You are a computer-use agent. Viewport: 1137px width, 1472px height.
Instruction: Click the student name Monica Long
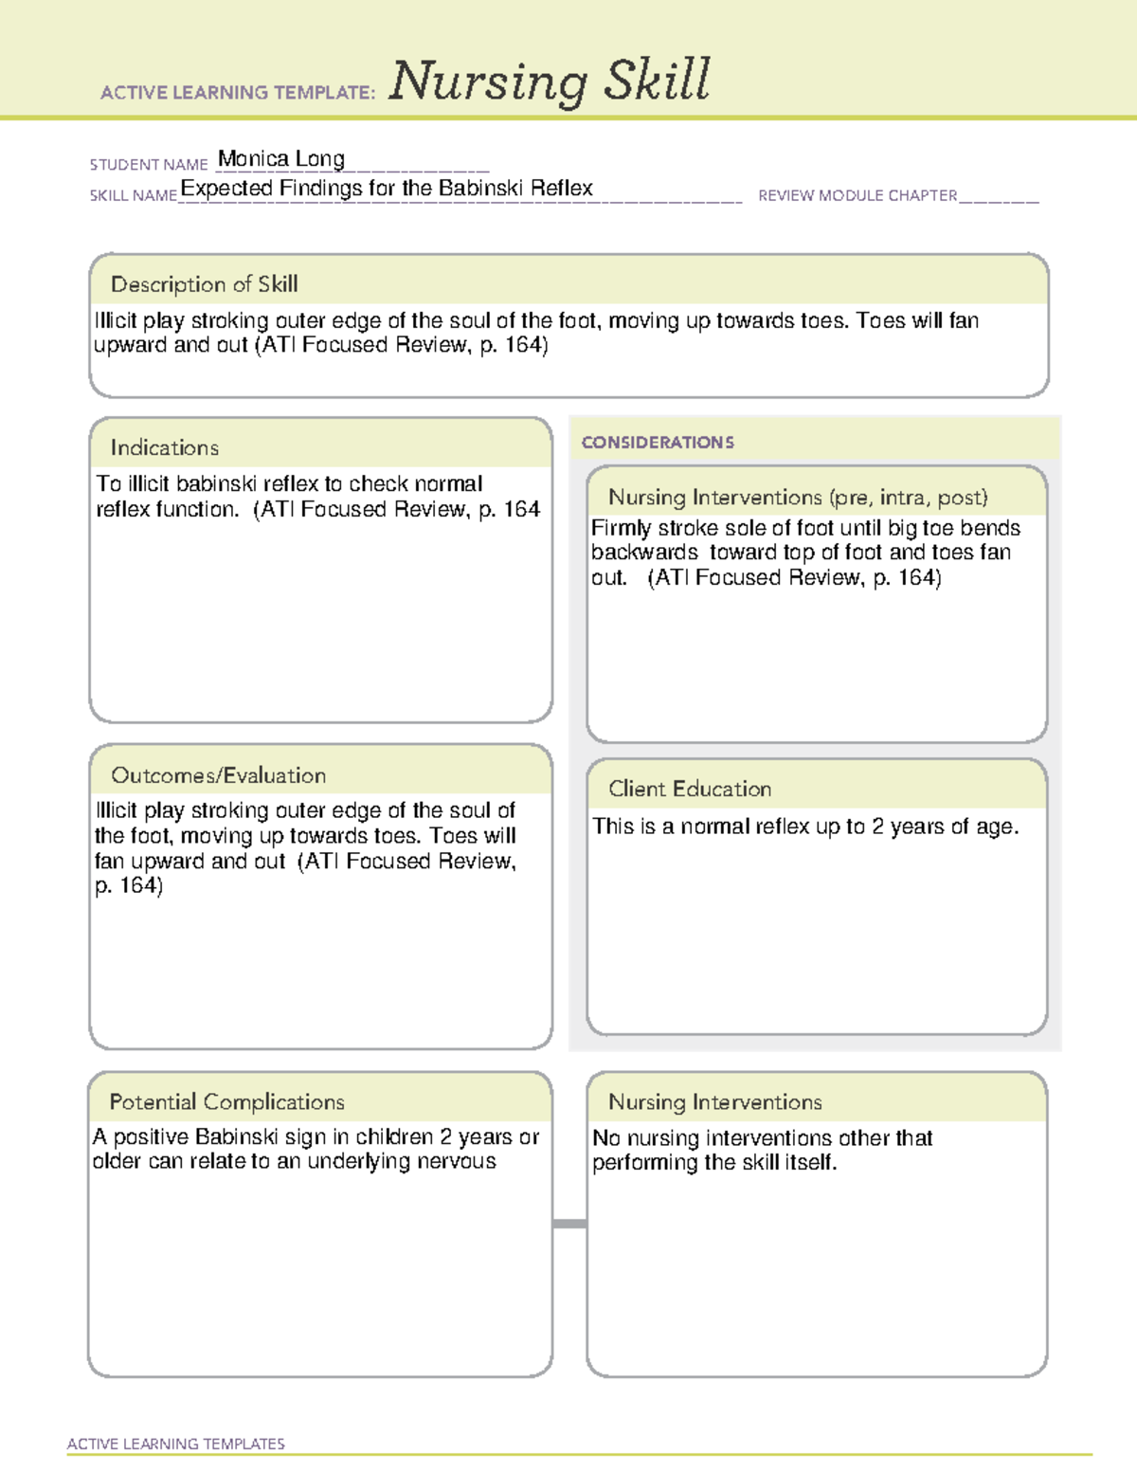tap(281, 159)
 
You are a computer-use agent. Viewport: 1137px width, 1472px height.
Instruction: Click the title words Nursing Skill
tap(549, 82)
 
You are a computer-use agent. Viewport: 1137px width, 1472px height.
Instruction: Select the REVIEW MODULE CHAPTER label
tap(857, 196)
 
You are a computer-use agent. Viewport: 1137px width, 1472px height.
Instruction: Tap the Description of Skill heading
tap(205, 284)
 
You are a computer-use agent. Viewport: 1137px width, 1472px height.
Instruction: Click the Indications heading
tap(165, 447)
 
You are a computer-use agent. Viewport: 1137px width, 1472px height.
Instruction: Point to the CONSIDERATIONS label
tap(658, 443)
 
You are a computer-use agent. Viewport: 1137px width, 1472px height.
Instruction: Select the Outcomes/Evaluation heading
tap(219, 775)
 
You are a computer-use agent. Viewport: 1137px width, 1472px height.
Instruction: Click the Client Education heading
tap(690, 789)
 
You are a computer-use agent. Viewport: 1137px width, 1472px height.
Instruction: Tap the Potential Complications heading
tap(227, 1101)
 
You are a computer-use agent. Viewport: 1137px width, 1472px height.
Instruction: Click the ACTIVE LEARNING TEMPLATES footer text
tap(176, 1444)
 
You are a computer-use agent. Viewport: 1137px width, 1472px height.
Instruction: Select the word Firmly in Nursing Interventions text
tap(621, 528)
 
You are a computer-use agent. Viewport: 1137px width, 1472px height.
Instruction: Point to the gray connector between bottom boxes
tap(569, 1224)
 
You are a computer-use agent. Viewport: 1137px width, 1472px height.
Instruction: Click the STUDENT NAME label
tap(149, 165)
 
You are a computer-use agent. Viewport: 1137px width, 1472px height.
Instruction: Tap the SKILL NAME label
tap(134, 196)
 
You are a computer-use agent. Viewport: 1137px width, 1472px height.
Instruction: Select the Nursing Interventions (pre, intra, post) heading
tap(798, 498)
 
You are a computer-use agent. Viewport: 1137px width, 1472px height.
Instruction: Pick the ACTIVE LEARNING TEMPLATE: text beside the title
tap(239, 93)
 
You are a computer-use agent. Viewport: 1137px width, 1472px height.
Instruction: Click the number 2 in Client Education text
tap(877, 827)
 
